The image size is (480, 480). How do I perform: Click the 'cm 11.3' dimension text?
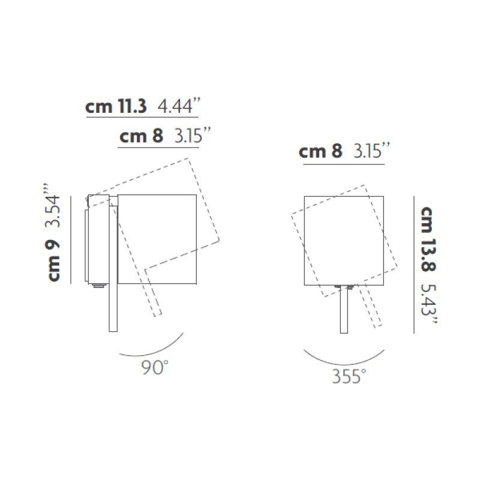[x=116, y=107]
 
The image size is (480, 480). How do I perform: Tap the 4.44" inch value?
[x=179, y=106]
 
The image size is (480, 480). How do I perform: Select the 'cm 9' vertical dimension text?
[x=54, y=260]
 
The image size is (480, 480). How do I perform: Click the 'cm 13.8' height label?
[x=427, y=239]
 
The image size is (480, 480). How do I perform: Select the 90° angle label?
[x=155, y=367]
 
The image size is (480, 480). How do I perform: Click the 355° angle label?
[x=349, y=376]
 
